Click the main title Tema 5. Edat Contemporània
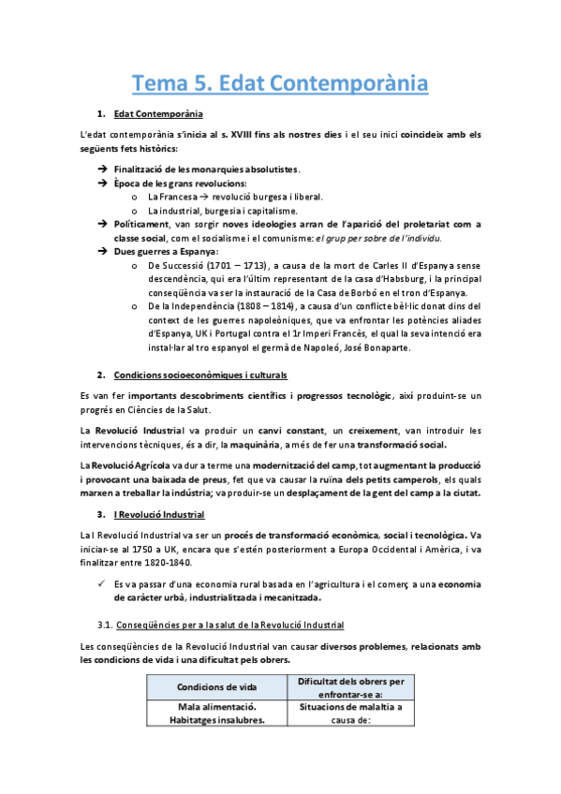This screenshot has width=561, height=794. [x=280, y=83]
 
